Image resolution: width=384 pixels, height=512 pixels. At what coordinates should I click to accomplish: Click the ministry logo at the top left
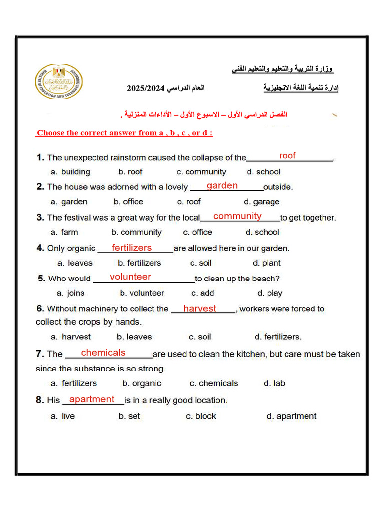(x=59, y=81)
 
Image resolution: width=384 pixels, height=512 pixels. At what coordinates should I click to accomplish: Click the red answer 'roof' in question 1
(x=287, y=156)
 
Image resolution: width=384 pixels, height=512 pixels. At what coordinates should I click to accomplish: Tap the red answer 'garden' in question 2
(x=222, y=186)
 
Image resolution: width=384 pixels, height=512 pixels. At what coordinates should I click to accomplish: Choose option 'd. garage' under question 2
(x=261, y=202)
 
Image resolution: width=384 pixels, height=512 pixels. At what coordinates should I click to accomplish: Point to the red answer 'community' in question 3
(x=237, y=216)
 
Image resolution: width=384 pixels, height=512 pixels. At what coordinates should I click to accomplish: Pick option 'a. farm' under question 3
(x=64, y=232)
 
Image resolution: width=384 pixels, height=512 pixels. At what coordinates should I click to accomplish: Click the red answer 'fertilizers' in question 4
(x=132, y=248)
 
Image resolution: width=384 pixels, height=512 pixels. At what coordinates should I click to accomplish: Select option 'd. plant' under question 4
(x=266, y=263)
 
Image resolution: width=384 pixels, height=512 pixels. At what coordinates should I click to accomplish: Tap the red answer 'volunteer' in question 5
(x=130, y=277)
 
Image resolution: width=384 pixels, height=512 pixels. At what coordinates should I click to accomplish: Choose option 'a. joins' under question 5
(x=70, y=293)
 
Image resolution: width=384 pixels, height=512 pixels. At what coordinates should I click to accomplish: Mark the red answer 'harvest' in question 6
(x=200, y=309)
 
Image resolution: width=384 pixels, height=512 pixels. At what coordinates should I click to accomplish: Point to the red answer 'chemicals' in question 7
(x=103, y=353)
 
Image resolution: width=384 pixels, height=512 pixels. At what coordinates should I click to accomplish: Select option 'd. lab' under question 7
(x=274, y=384)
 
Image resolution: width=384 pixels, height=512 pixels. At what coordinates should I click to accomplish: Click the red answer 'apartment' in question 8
(x=92, y=399)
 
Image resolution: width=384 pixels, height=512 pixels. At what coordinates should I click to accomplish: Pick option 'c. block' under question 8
(x=201, y=416)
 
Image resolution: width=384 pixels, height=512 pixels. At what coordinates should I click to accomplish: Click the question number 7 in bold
(x=40, y=354)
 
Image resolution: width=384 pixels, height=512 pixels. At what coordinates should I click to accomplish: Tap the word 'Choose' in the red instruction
(x=51, y=133)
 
